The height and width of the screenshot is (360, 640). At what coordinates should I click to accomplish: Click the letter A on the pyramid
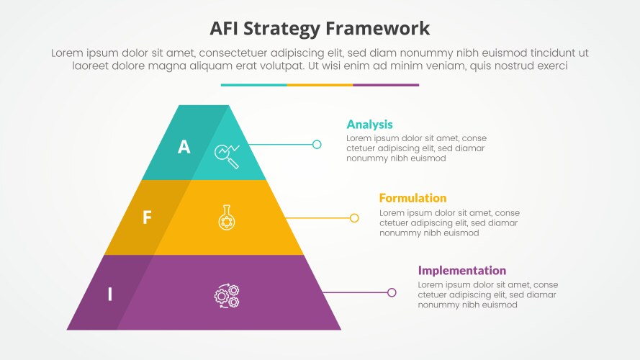184,147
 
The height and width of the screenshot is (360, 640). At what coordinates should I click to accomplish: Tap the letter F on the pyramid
147,217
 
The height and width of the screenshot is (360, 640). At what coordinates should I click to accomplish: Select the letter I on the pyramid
110,294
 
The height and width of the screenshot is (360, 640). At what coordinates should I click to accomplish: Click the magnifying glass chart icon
227,154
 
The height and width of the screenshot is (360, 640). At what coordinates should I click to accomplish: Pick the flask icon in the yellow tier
226,217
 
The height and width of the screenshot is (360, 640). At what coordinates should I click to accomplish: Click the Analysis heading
369,125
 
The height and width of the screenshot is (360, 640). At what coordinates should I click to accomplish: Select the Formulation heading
413,198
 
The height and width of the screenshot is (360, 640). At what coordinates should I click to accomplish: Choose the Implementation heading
461,271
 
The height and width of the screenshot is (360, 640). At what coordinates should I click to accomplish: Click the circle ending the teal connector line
317,145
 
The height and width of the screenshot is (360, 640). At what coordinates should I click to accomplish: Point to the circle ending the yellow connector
354,217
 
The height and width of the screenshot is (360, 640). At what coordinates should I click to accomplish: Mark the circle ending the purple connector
392,292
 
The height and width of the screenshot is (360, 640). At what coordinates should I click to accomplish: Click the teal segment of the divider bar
253,85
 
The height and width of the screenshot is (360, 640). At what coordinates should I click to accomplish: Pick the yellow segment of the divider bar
320,85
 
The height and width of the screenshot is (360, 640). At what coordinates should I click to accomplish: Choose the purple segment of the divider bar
386,85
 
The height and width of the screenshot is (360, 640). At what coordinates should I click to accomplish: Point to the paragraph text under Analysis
415,148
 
